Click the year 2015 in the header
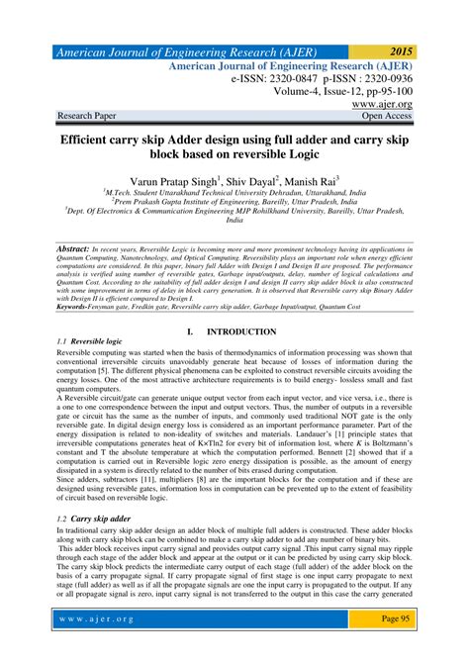click(401, 49)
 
